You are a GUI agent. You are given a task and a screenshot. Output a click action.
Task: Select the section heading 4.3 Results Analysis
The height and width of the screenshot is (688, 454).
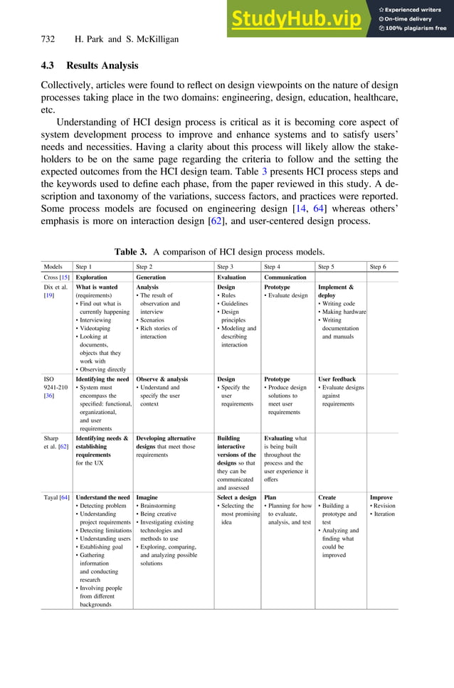89,66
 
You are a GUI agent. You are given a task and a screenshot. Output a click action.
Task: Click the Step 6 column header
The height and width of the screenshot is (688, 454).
379,267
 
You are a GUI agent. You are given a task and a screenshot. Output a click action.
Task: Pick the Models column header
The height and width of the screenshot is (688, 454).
56,267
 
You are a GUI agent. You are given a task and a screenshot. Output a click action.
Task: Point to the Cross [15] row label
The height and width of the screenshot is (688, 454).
56,277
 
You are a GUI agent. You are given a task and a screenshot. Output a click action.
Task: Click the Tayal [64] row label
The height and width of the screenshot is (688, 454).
57,497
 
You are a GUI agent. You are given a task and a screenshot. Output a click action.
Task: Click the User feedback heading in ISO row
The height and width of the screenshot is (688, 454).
337,379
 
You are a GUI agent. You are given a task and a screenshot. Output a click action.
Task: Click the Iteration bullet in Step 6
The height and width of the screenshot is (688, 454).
383,514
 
